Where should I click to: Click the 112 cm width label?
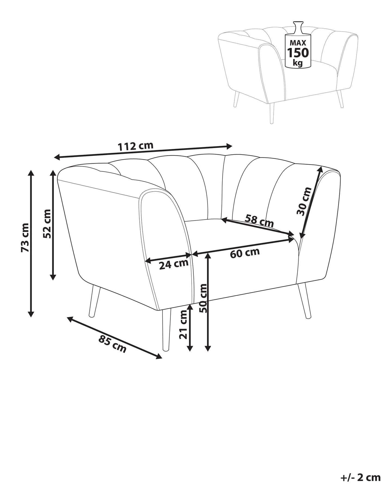click(x=135, y=146)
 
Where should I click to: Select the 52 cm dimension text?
click(x=47, y=224)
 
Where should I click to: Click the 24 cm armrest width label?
click(x=174, y=264)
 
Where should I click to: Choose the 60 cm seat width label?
click(x=245, y=253)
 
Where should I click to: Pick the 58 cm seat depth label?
click(x=259, y=221)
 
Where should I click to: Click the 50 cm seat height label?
click(x=203, y=298)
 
